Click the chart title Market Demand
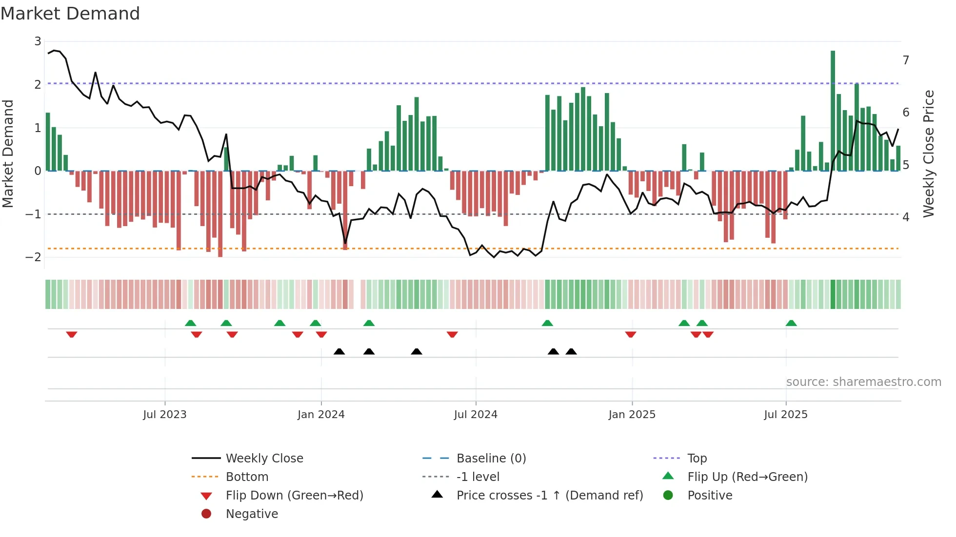click(70, 14)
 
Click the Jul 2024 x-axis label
click(476, 415)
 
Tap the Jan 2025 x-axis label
click(632, 415)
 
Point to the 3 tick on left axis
click(38, 41)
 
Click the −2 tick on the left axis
click(34, 257)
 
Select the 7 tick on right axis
click(906, 60)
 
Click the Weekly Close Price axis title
click(929, 153)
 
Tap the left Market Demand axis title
click(8, 153)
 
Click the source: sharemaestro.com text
click(863, 382)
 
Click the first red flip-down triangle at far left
click(72, 334)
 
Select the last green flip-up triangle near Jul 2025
click(791, 323)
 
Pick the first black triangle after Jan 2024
click(339, 351)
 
